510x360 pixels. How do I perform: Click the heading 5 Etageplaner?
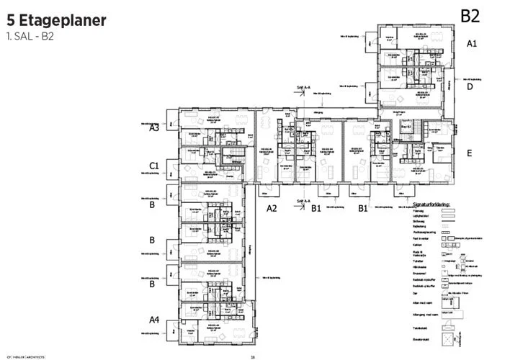pyautogui.click(x=57, y=19)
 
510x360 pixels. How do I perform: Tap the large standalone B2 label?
pyautogui.click(x=470, y=15)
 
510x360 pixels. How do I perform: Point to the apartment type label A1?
pyautogui.click(x=472, y=44)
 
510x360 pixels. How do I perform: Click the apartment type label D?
pyautogui.click(x=470, y=86)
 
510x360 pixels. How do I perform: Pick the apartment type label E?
pyautogui.click(x=469, y=153)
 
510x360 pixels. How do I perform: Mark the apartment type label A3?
pyautogui.click(x=154, y=127)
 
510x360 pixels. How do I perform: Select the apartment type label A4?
pyautogui.click(x=154, y=319)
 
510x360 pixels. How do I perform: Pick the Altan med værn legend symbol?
pyautogui.click(x=448, y=302)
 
